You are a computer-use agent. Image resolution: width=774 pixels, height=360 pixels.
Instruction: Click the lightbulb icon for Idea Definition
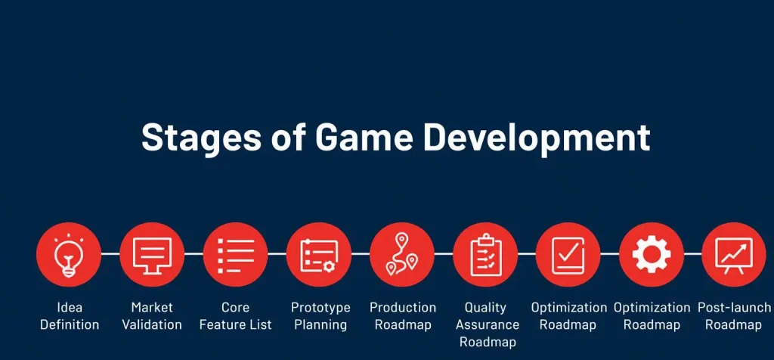coord(69,255)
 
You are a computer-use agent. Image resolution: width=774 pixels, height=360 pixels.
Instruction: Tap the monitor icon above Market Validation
coord(152,255)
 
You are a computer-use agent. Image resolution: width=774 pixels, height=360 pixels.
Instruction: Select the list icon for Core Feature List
coord(235,255)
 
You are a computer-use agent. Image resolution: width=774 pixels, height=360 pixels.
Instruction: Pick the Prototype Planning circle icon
coord(318,255)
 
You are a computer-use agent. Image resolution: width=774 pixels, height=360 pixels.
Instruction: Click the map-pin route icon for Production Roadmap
coord(401,255)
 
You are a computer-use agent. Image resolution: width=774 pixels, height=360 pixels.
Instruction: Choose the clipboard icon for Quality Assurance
coord(485,255)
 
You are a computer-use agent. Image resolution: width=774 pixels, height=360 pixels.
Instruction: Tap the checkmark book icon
coord(568,255)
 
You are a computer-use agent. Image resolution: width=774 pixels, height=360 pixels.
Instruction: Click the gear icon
coord(651,255)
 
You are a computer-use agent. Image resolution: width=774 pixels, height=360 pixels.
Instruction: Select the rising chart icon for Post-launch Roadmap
coord(734,255)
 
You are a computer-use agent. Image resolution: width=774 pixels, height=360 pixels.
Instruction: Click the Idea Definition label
coord(69,316)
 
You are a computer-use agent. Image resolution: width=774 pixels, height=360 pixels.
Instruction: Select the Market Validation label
coord(152,316)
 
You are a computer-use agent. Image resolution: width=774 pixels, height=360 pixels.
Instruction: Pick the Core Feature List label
coord(235,316)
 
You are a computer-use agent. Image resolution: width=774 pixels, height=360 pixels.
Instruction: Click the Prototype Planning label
coord(320,316)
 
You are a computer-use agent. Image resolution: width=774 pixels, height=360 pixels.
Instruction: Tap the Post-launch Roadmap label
coord(734,316)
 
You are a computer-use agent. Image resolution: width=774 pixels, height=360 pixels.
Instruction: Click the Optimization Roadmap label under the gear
coord(652,316)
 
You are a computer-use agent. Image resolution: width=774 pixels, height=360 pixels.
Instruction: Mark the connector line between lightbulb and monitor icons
coord(110,255)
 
